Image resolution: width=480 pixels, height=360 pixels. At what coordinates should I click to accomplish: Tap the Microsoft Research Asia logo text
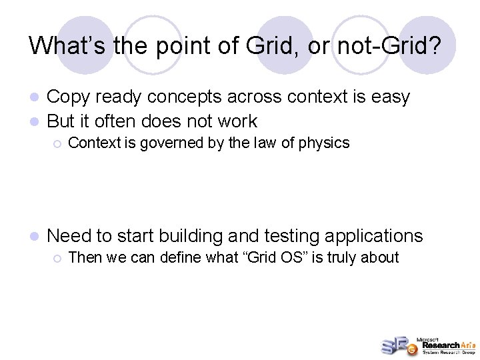[x=445, y=345]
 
